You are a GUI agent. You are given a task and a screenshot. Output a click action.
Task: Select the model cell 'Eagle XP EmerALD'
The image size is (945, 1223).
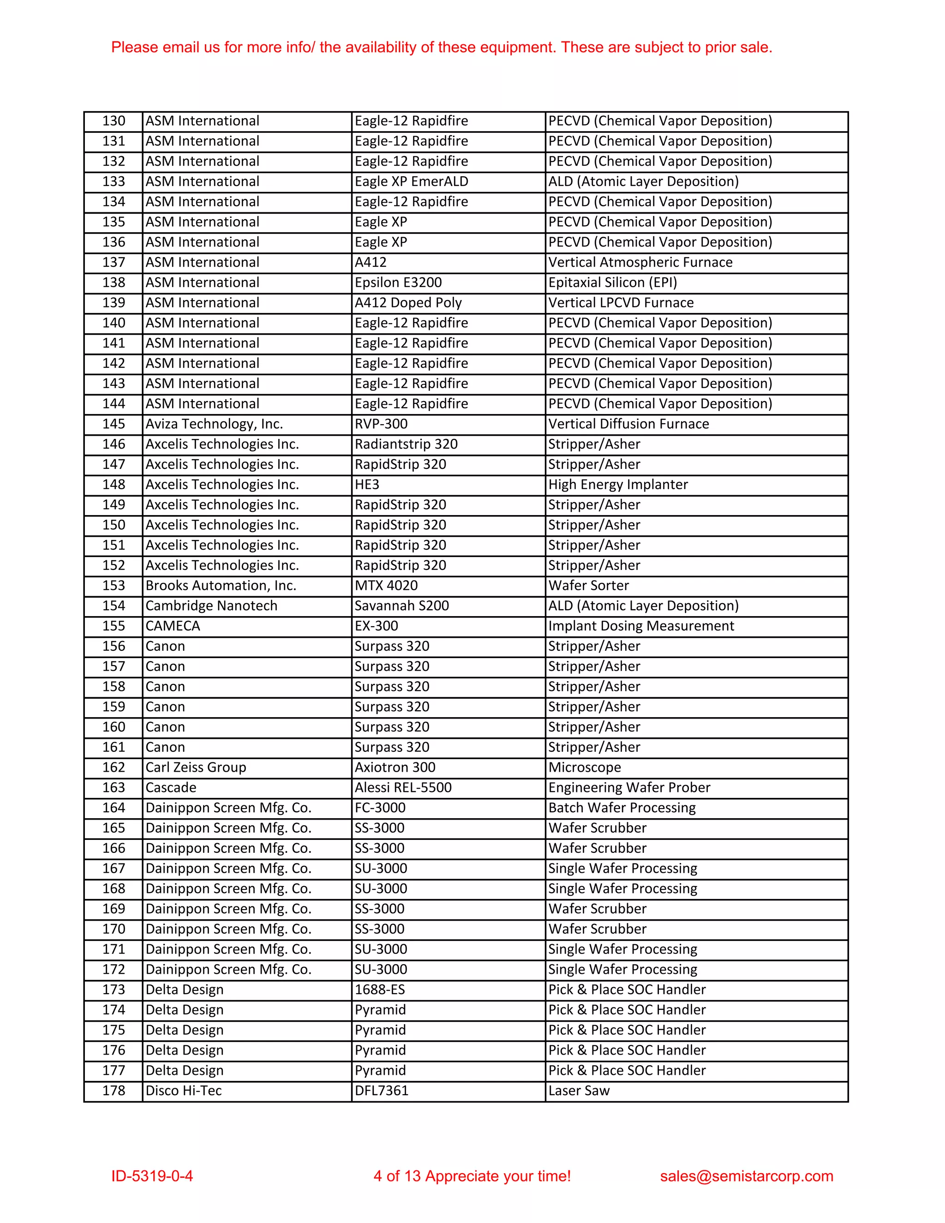point(412,181)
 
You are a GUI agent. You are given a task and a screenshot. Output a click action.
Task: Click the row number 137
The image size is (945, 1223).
point(114,262)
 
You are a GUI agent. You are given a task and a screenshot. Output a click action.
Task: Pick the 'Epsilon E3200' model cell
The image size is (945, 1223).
point(398,282)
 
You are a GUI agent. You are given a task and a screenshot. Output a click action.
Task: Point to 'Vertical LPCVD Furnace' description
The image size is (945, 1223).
point(621,302)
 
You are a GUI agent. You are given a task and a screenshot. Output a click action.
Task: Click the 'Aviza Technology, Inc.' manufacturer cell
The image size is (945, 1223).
point(214,424)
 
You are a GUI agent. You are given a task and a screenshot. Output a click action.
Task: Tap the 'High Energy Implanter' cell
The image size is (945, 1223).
point(618,485)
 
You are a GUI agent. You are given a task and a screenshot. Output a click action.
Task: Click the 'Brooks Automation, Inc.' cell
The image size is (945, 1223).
point(221,585)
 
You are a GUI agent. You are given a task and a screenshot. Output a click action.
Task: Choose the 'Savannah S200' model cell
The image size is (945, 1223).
point(401,606)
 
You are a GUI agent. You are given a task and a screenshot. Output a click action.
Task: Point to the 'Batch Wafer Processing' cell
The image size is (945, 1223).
point(622,808)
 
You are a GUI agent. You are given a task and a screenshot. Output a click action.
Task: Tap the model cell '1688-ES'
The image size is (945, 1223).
point(380,989)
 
